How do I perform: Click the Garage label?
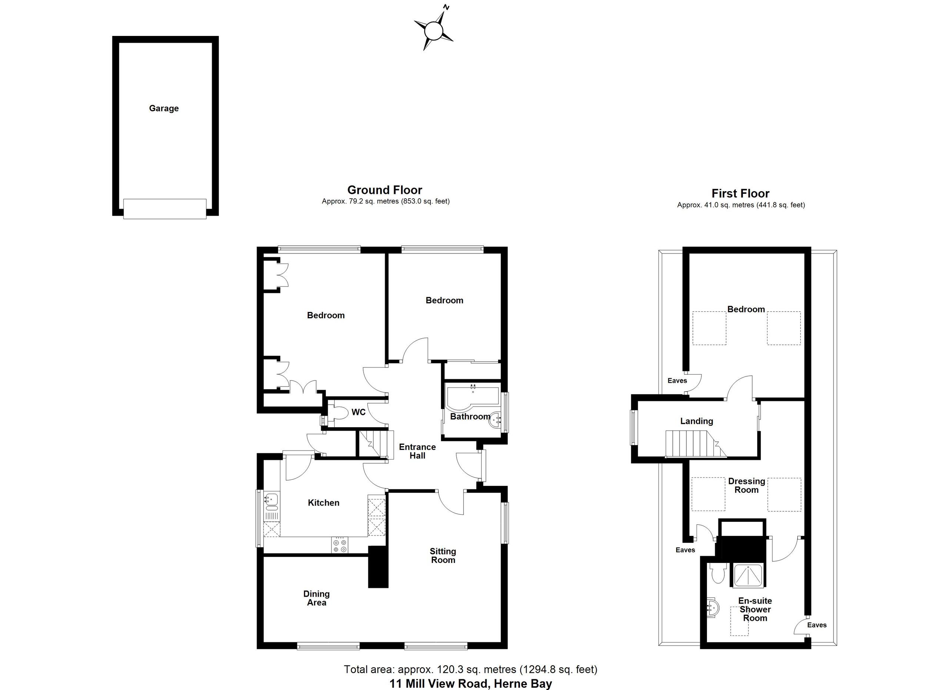pyautogui.click(x=164, y=108)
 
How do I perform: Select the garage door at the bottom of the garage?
pyautogui.click(x=165, y=209)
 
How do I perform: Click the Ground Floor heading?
pyautogui.click(x=384, y=190)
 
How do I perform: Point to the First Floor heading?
pyautogui.click(x=740, y=193)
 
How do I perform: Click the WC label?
pyautogui.click(x=358, y=412)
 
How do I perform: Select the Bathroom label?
pyautogui.click(x=470, y=417)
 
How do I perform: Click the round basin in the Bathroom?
pyautogui.click(x=495, y=420)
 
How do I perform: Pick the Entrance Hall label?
pyautogui.click(x=417, y=451)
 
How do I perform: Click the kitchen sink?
pyautogui.click(x=271, y=500)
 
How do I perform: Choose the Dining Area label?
pyautogui.click(x=316, y=598)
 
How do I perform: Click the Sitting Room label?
pyautogui.click(x=443, y=556)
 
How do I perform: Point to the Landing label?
pyautogui.click(x=696, y=421)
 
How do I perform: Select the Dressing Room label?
pyautogui.click(x=747, y=485)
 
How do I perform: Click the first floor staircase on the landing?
pyautogui.click(x=694, y=444)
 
